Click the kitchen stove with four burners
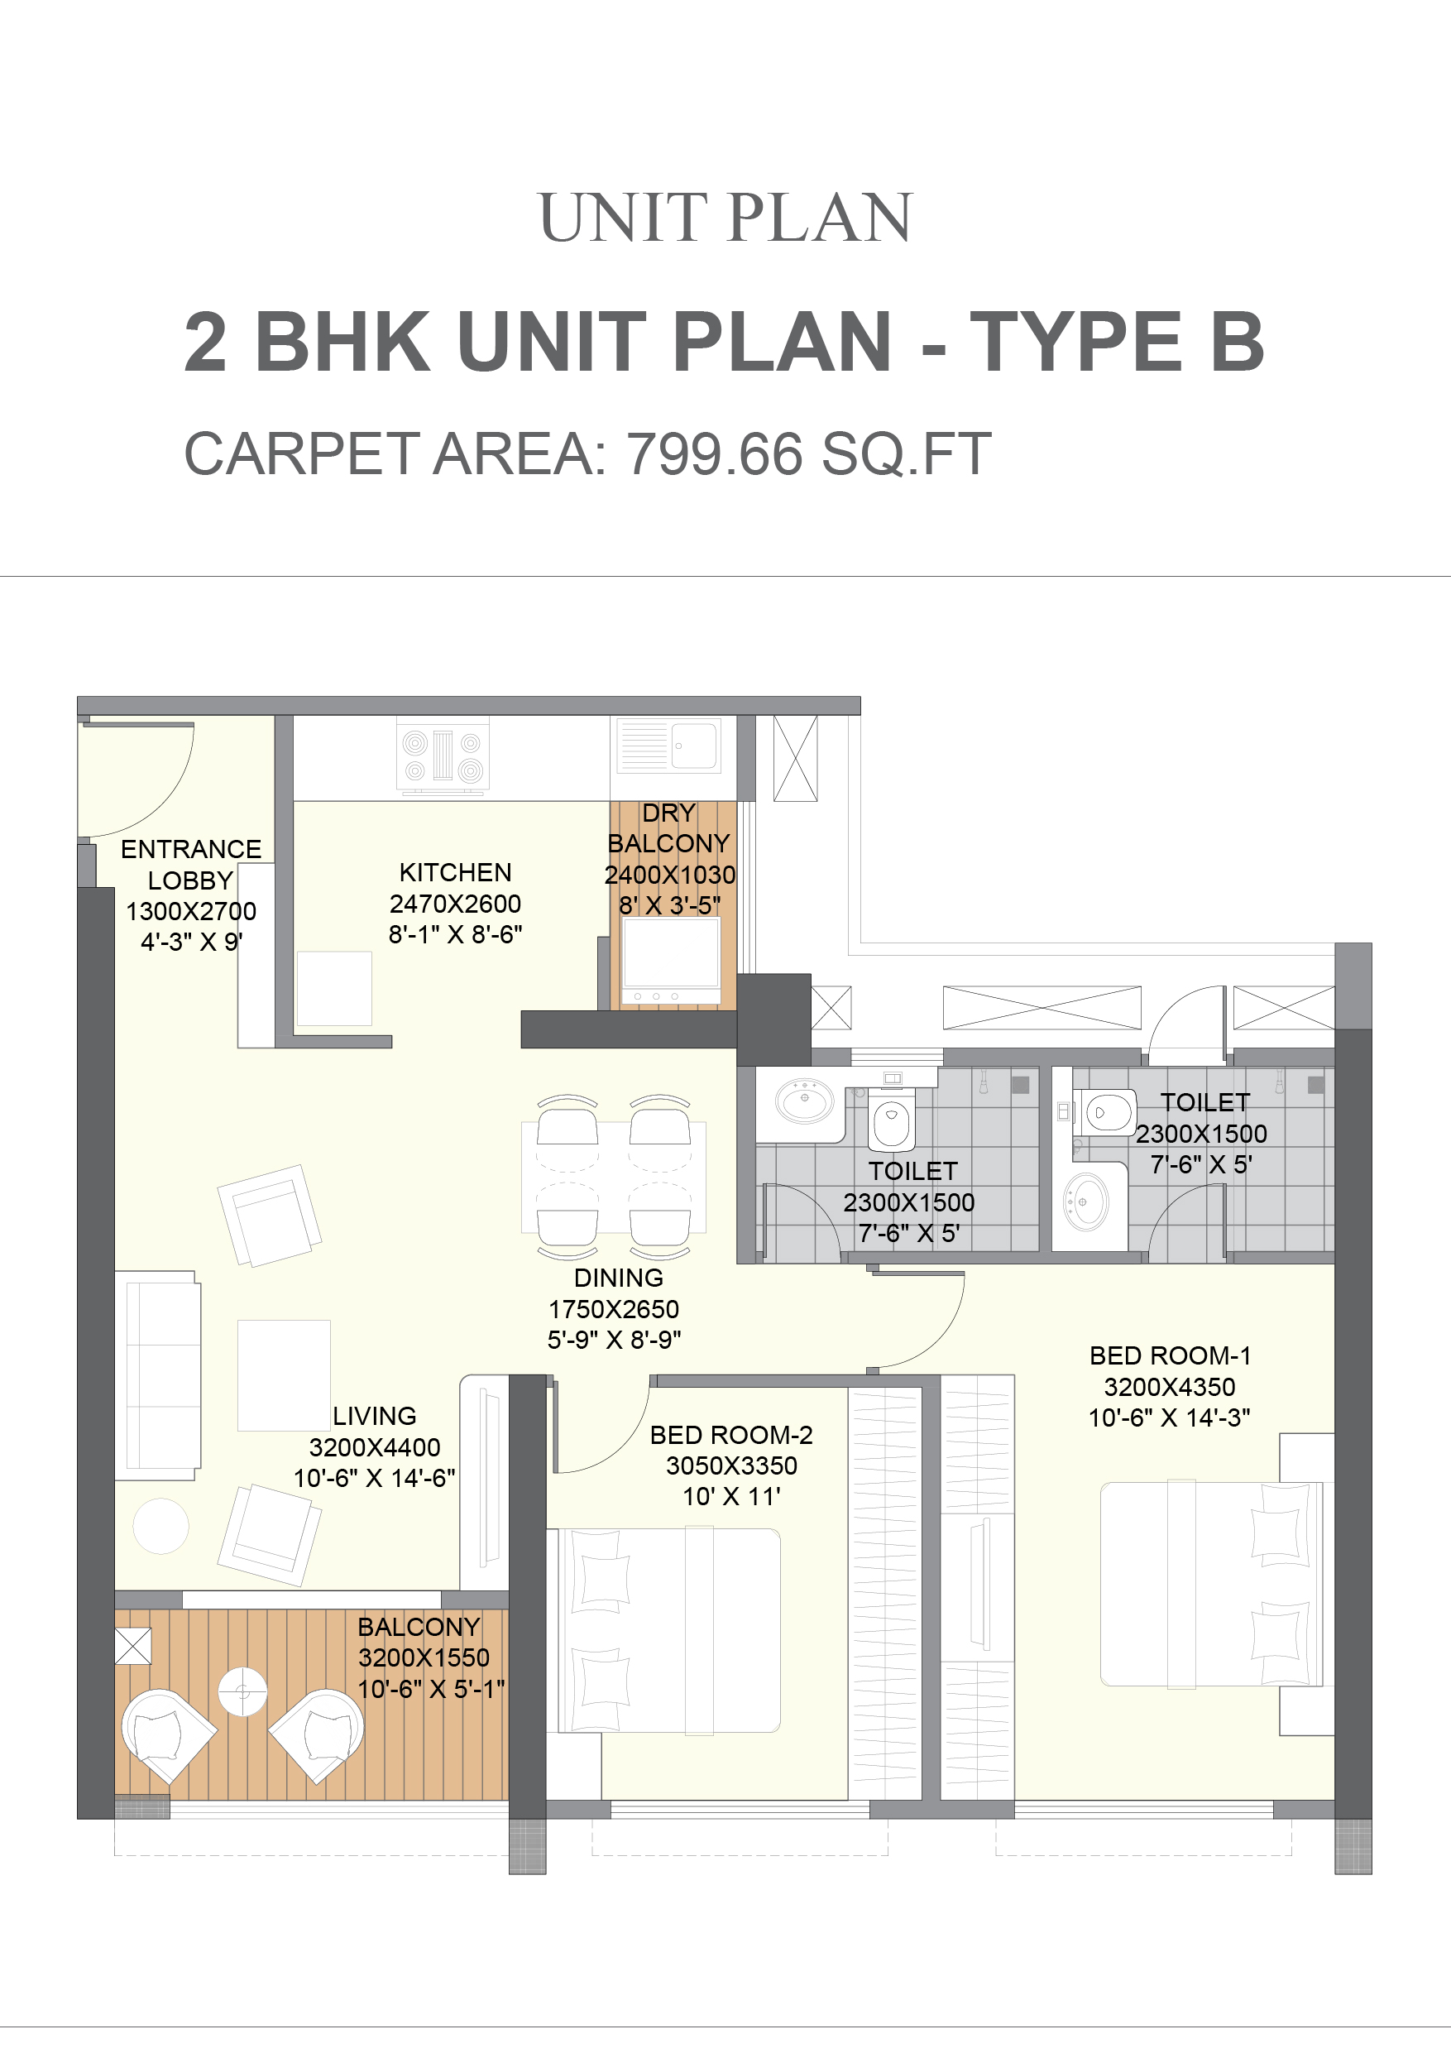(x=443, y=756)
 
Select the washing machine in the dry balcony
(x=672, y=961)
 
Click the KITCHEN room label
(x=455, y=872)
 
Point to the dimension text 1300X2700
(x=191, y=911)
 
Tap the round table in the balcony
(x=242, y=1691)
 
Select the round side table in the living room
(x=161, y=1527)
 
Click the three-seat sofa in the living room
(x=158, y=1375)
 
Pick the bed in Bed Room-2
(x=663, y=1630)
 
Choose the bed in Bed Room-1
(x=1211, y=1584)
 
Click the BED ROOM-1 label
(x=1170, y=1355)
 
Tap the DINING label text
(x=619, y=1278)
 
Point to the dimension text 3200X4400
(x=375, y=1446)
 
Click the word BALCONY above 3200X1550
(x=419, y=1627)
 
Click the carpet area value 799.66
(x=714, y=453)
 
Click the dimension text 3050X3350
(x=731, y=1465)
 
